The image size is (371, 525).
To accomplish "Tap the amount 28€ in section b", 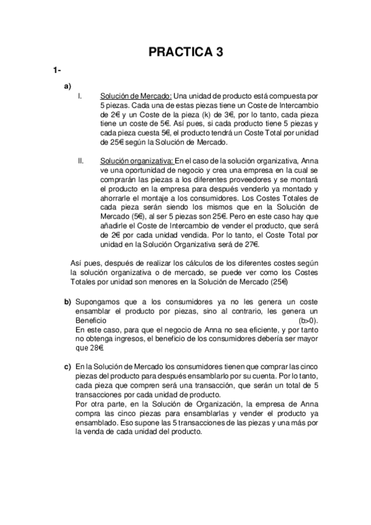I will [x=95, y=348].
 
